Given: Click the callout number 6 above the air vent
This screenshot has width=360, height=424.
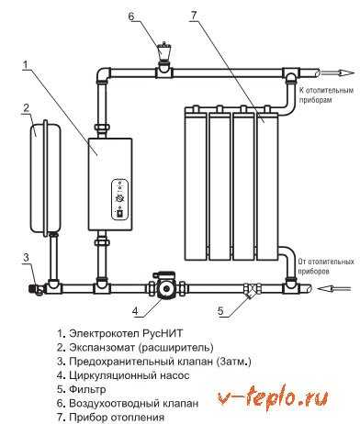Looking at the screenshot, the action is coord(131,16).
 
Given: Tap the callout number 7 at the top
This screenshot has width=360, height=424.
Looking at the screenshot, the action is coord(194,16).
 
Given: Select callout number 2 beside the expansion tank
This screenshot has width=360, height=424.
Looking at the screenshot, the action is coord(26,107).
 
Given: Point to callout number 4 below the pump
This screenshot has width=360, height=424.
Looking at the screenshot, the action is coord(135,310).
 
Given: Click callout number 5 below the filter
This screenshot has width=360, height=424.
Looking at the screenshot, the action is coord(220,311).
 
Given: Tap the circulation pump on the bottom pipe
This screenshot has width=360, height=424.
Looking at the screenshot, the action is coord(166,288).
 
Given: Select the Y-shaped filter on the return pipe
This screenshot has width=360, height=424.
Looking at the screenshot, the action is coord(252,290).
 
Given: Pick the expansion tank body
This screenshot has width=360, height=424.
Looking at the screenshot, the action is coord(45,178).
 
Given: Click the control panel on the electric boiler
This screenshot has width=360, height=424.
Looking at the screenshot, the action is coord(119,200).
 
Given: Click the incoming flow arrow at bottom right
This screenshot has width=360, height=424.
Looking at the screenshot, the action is coord(334,288).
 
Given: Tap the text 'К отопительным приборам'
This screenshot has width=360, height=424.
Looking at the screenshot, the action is coord(326,95).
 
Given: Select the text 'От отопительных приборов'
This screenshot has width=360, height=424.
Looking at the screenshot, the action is coord(326,266).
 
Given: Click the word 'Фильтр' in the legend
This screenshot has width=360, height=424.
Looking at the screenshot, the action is coord(87,389).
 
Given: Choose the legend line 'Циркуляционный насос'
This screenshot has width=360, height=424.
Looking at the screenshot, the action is coord(123,375).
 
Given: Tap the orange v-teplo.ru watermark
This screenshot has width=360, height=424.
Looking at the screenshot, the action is coord(273,397).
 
